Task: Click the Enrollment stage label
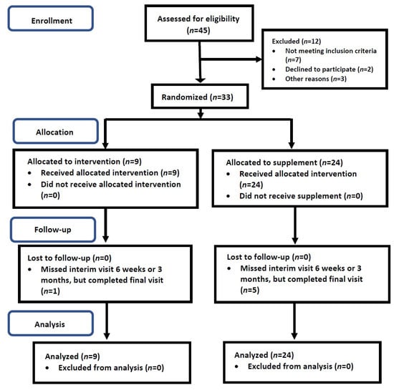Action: (x=52, y=21)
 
